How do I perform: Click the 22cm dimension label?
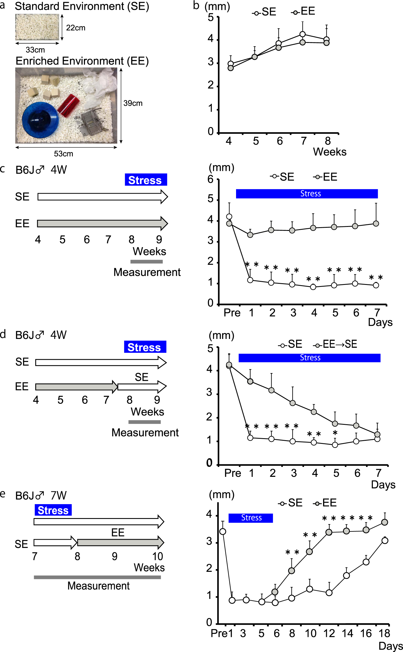76,28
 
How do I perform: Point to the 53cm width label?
63,154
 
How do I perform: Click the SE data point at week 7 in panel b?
303,34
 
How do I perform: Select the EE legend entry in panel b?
303,12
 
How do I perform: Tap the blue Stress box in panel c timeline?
146,180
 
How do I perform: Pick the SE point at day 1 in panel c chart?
250,280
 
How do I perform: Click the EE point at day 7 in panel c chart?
376,223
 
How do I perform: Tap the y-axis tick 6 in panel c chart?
210,179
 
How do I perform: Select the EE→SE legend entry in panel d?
335,345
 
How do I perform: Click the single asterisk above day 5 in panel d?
335,433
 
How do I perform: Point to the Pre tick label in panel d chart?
232,473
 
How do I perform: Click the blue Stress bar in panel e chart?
251,518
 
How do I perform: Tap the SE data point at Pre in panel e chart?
223,531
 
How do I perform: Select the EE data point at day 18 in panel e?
385,522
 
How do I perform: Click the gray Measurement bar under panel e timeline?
97,577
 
